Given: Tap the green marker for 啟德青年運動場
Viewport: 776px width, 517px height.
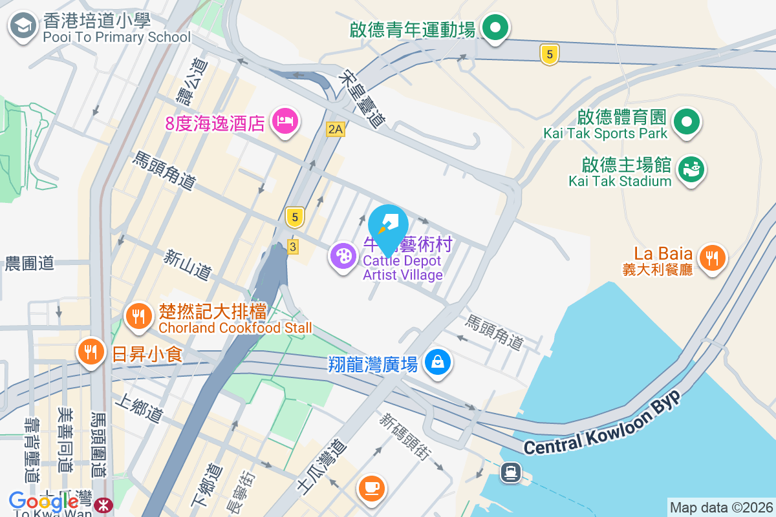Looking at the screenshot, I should (x=496, y=28).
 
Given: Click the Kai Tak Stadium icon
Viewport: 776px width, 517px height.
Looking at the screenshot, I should (x=691, y=170).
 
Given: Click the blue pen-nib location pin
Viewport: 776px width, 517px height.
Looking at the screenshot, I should (x=388, y=227).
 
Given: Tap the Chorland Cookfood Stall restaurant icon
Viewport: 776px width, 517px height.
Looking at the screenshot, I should (x=138, y=317).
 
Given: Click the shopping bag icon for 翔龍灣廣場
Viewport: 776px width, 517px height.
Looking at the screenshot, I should (x=438, y=361).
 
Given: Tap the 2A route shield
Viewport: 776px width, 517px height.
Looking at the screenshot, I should (x=335, y=129).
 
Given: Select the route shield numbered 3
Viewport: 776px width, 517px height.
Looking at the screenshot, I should (x=293, y=247).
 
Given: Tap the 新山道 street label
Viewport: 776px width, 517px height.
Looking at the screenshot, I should (x=188, y=266).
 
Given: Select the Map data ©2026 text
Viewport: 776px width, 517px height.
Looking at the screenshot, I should (x=720, y=508).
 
